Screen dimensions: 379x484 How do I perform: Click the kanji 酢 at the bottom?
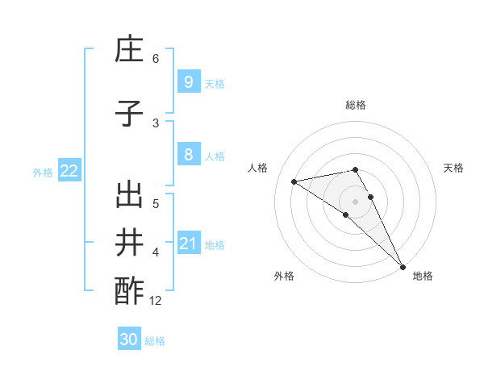pyautogui.click(x=129, y=291)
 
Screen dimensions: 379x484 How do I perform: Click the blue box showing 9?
pyautogui.click(x=188, y=81)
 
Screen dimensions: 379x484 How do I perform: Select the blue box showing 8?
pyautogui.click(x=188, y=155)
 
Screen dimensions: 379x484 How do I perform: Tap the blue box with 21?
pyautogui.click(x=188, y=244)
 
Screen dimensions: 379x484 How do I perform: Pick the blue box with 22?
pyautogui.click(x=69, y=171)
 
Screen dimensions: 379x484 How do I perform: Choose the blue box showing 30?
pyautogui.click(x=129, y=339)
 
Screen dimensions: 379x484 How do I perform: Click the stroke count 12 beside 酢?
pyautogui.click(x=156, y=301)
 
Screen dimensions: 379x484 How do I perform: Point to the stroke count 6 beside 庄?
pyautogui.click(x=156, y=58)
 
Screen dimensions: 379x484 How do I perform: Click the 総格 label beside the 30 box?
pyautogui.click(x=155, y=341)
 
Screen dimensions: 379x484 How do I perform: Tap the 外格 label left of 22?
pyautogui.click(x=43, y=172)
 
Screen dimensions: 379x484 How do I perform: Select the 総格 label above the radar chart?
pyautogui.click(x=355, y=105)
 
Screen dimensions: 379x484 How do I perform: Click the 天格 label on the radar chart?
pyautogui.click(x=453, y=168)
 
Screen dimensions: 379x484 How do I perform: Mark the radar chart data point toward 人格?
pyautogui.click(x=294, y=181)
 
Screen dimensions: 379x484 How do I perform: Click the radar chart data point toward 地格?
pyautogui.click(x=402, y=267)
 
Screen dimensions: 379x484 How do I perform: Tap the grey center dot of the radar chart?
pyautogui.click(x=355, y=201)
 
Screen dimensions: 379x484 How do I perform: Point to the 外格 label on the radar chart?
pyautogui.click(x=284, y=277)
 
